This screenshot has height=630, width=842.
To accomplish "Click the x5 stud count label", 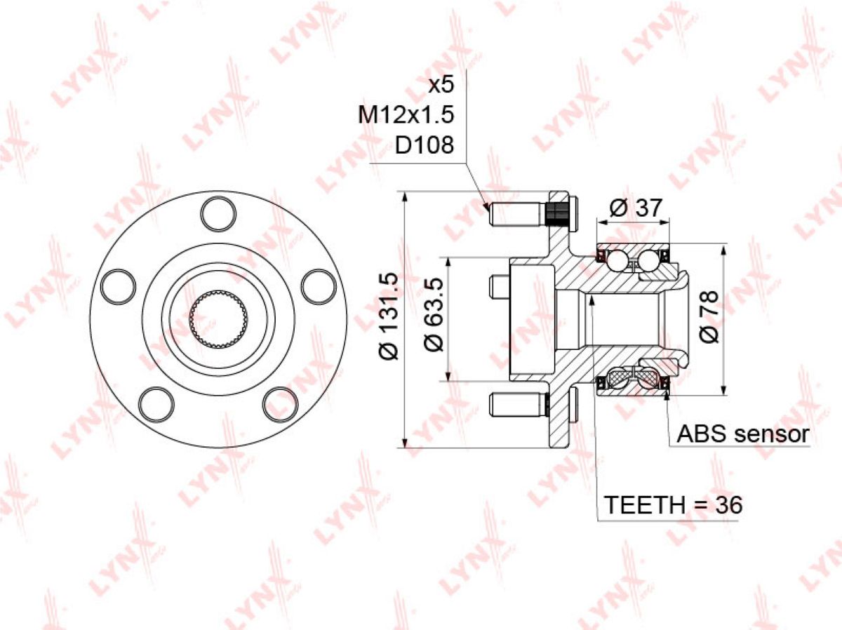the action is [x=441, y=84].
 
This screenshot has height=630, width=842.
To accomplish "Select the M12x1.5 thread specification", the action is [x=406, y=114].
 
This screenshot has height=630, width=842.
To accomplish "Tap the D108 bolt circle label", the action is [x=425, y=145].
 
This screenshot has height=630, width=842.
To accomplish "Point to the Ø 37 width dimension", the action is [x=635, y=208].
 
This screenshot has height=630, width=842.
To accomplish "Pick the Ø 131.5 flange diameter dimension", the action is [x=389, y=316].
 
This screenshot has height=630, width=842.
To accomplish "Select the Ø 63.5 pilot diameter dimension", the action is [x=434, y=315].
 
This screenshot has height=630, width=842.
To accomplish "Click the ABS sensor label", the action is [x=743, y=434].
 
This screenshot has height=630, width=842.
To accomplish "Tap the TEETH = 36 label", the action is [x=673, y=504].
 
